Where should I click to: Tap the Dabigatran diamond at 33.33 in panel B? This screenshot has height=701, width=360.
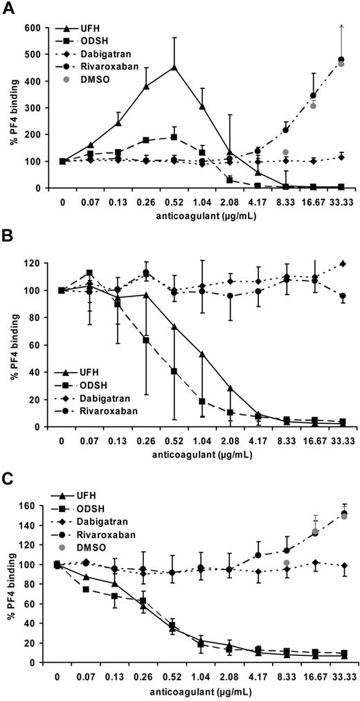click(x=340, y=264)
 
